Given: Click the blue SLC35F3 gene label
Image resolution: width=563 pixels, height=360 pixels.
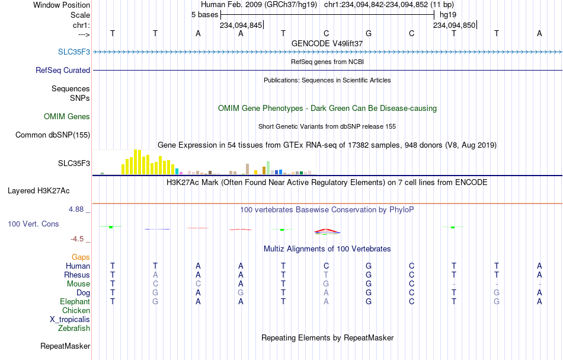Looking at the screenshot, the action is click(74, 52).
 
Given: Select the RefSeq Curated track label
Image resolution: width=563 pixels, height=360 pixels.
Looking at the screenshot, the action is click(63, 70).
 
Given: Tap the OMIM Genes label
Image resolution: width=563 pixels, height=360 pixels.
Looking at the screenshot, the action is click(67, 116).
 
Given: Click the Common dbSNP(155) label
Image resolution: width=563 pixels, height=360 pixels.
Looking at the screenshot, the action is click(53, 135).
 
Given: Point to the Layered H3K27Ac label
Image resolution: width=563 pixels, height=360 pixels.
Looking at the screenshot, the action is click(39, 190).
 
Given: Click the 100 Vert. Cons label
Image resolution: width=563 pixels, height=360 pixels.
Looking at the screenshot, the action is click(33, 224).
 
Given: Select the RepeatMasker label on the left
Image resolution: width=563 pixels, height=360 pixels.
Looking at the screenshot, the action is click(65, 346).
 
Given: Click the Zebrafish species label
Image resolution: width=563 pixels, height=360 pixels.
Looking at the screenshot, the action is click(74, 328).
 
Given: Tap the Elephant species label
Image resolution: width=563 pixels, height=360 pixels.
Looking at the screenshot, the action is click(75, 301).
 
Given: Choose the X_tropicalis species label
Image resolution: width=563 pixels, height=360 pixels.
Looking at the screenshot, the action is click(70, 320).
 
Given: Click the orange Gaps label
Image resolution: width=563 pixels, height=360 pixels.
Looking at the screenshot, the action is click(81, 257).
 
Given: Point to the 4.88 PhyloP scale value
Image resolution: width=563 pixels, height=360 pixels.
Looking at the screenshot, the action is click(76, 209).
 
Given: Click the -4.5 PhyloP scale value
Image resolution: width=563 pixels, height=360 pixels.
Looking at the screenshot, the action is click(77, 239).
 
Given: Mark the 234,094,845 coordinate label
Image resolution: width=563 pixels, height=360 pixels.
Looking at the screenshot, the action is click(241, 25).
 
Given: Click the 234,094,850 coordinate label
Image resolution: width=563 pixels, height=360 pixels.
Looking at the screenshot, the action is click(454, 25).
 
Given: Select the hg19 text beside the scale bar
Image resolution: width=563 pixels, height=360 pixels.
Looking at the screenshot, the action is click(448, 15).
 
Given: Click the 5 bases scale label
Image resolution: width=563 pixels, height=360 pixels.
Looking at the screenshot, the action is click(204, 15).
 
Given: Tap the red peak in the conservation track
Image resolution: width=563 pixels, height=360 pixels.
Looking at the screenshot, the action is click(326, 230).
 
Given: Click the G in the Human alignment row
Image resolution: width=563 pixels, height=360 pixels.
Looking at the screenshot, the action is click(369, 266).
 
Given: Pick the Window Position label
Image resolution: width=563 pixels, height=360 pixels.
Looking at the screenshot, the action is click(62, 5).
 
